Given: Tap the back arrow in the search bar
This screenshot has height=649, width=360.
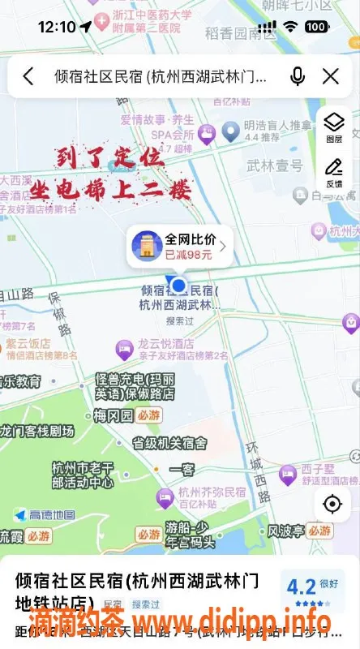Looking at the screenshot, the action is tap(28, 76).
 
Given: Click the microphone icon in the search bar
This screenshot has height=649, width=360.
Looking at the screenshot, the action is tap(298, 76).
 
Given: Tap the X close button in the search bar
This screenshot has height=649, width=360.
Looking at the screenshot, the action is tap(331, 76).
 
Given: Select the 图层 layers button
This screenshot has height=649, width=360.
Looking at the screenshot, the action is tap(333, 127).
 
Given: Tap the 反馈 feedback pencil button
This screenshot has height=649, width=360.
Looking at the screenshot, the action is tap(333, 172).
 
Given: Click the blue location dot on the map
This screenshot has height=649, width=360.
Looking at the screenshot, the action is tap(179, 286).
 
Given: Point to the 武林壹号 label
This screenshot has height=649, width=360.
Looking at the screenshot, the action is tap(274, 165).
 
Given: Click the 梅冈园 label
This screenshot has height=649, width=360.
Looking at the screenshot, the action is tap(113, 415).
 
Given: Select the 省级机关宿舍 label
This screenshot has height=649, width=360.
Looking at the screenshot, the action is tap(169, 443).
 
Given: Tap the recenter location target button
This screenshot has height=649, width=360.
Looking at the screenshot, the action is tap(332, 504).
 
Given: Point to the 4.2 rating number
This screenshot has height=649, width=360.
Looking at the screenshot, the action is tap(301, 587).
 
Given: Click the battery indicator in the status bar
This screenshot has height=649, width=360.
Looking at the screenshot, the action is tap(316, 27).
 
